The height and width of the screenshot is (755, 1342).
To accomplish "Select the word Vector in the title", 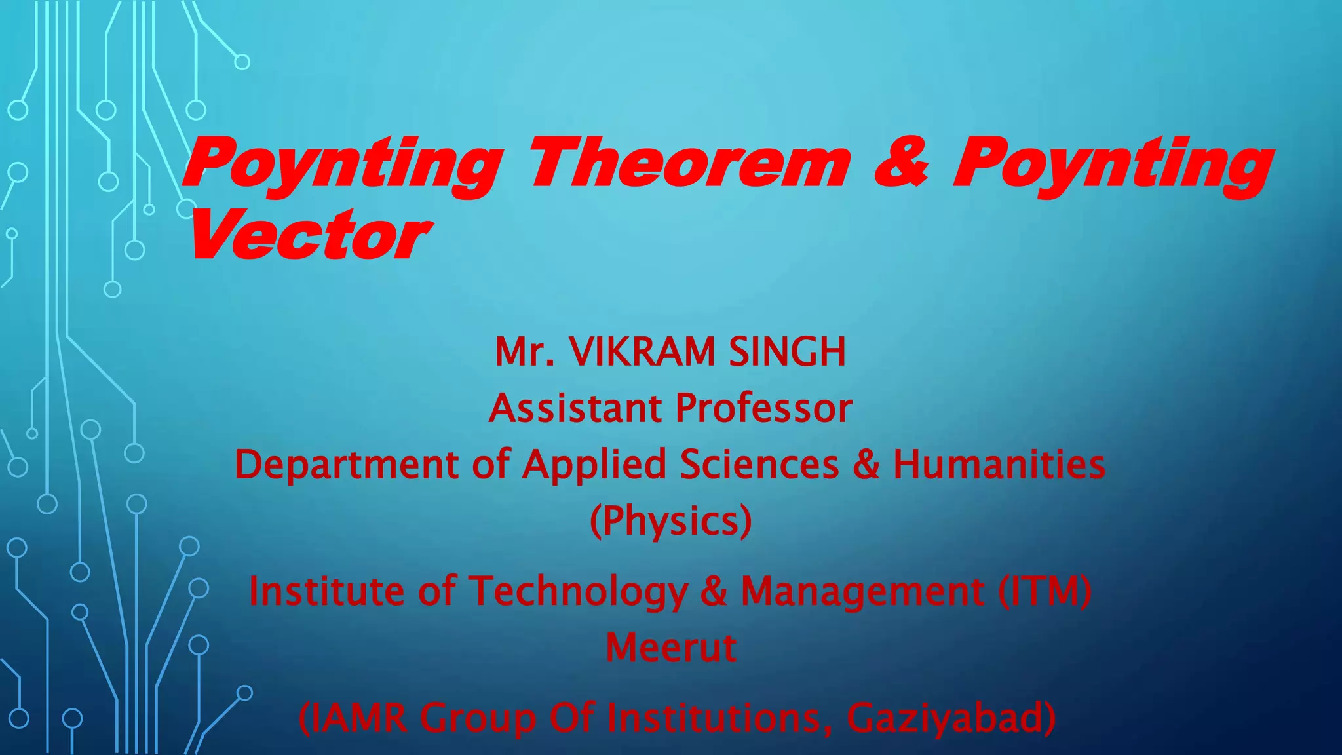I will (x=308, y=235).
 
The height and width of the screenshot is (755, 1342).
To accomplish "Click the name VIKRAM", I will (x=642, y=352).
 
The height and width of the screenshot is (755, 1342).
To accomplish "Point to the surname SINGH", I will (x=787, y=352).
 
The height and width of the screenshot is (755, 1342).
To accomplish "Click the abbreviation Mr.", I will (x=525, y=352).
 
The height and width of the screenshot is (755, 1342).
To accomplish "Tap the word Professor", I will (x=763, y=408).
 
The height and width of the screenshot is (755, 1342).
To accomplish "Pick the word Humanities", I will (x=999, y=465).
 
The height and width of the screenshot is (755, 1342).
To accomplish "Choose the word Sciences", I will (x=759, y=465).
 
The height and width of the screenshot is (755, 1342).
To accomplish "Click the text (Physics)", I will (x=670, y=522).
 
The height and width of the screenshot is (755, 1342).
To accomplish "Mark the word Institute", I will (x=326, y=590).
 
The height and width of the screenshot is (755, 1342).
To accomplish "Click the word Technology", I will (x=577, y=592).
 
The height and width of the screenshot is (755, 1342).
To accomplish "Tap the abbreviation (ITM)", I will (x=1045, y=590).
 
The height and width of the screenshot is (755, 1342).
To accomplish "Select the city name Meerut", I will (x=670, y=648).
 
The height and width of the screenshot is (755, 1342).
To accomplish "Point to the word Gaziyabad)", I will (x=951, y=718).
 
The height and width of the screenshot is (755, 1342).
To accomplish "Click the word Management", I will (x=862, y=592).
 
